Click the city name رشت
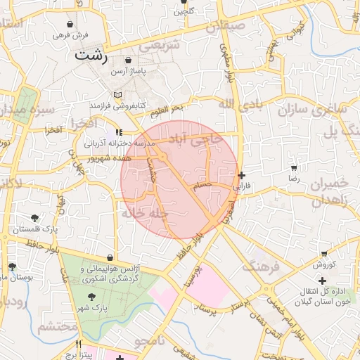point(91,56)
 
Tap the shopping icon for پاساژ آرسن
point(128,61)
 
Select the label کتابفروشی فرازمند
point(117,105)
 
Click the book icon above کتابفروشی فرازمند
point(117,95)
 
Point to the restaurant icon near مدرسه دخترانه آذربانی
point(118,131)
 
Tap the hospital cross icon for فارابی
point(242,175)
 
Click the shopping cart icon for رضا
point(293,168)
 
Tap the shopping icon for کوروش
point(324,253)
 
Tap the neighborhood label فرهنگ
point(261,266)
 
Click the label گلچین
point(184,11)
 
